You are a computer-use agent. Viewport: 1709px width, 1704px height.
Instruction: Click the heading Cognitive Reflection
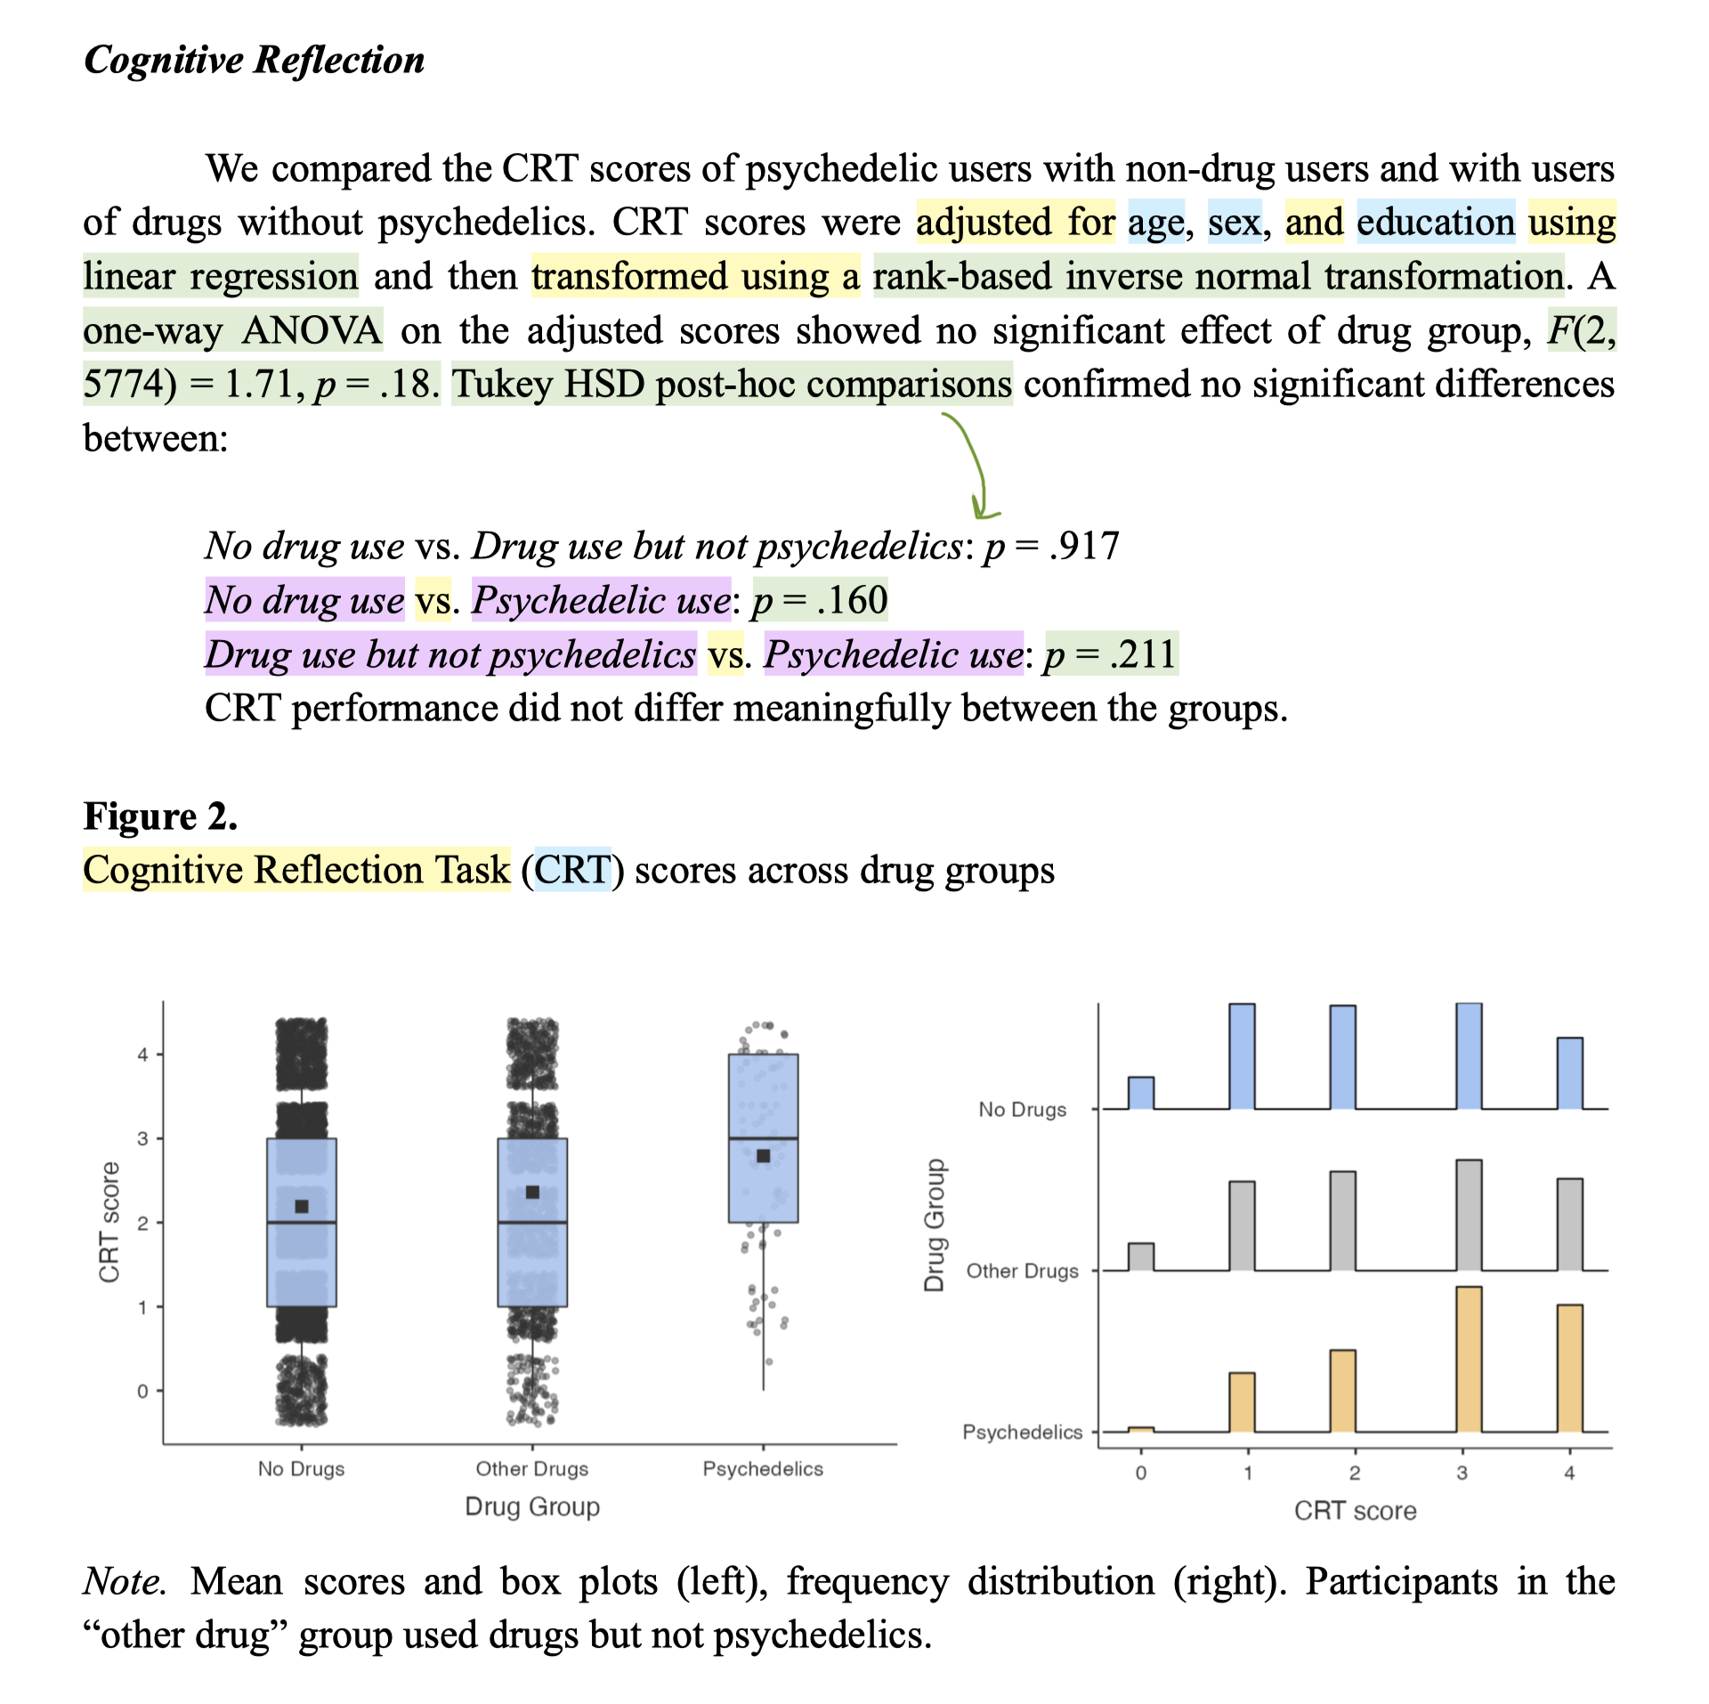tap(254, 61)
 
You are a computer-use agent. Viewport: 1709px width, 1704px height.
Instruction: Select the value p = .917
tap(1051, 546)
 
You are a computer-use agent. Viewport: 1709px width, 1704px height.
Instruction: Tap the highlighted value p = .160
tap(820, 600)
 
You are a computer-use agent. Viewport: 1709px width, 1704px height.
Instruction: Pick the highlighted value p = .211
tap(1111, 654)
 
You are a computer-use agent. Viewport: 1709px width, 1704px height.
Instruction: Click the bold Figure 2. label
tap(160, 815)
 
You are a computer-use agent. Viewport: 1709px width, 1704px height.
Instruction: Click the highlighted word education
tap(1435, 222)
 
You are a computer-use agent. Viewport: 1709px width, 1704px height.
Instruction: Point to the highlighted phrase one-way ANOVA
tap(232, 330)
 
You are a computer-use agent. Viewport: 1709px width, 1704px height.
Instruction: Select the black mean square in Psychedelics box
tap(763, 1156)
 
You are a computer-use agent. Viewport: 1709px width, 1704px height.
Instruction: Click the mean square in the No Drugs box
tap(302, 1206)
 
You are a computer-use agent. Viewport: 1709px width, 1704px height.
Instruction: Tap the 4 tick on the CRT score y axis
tap(142, 1055)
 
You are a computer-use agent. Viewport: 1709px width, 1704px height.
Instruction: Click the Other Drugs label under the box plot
tap(531, 1469)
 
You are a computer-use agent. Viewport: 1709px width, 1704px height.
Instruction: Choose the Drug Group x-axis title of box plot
tap(531, 1507)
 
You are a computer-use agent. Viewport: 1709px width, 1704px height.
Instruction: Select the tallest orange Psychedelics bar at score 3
tap(1468, 1359)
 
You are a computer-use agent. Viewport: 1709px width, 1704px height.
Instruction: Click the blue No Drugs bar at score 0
tap(1140, 1093)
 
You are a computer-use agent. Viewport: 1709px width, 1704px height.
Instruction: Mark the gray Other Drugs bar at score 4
tap(1569, 1225)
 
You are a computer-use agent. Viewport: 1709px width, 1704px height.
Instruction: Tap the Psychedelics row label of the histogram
tap(1022, 1432)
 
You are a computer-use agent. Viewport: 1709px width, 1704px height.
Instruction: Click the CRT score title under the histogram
tap(1355, 1511)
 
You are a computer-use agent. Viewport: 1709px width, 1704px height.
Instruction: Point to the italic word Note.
tap(123, 1581)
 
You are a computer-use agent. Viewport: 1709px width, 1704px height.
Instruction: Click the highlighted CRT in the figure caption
tap(572, 870)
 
